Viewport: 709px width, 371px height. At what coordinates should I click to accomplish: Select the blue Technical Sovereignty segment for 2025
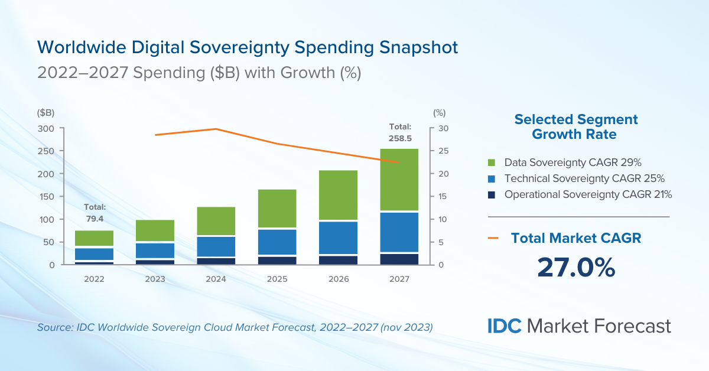point(277,242)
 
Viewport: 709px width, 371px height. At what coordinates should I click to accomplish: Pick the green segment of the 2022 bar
point(94,238)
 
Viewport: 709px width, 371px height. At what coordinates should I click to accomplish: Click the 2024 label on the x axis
point(216,279)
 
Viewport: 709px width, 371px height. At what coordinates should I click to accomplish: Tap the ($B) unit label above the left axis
point(45,113)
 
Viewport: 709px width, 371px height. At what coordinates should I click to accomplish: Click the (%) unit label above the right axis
point(439,113)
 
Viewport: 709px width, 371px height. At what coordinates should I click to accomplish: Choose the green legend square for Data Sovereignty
point(491,162)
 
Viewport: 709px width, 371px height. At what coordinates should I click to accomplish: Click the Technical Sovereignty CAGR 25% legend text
point(584,178)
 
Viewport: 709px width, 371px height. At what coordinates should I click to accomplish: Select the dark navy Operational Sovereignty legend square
point(491,194)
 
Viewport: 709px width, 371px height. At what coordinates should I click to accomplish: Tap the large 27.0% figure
point(576,267)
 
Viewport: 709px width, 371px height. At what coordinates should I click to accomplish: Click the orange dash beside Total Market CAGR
point(494,238)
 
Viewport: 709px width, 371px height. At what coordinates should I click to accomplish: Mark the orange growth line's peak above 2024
point(216,129)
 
